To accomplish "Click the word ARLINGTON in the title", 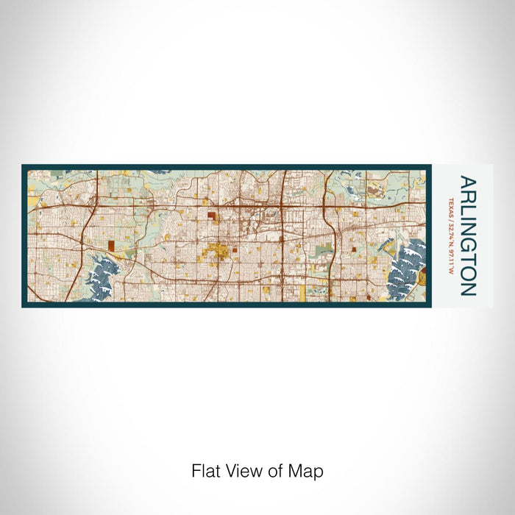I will (467, 235).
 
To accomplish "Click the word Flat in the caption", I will (205, 470).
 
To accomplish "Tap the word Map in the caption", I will (308, 470).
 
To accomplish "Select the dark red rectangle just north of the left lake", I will (111, 246).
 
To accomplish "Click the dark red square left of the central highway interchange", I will (212, 216).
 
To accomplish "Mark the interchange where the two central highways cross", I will (283, 209).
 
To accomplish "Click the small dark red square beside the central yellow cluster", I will (235, 250).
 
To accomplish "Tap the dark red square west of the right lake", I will (353, 250).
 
